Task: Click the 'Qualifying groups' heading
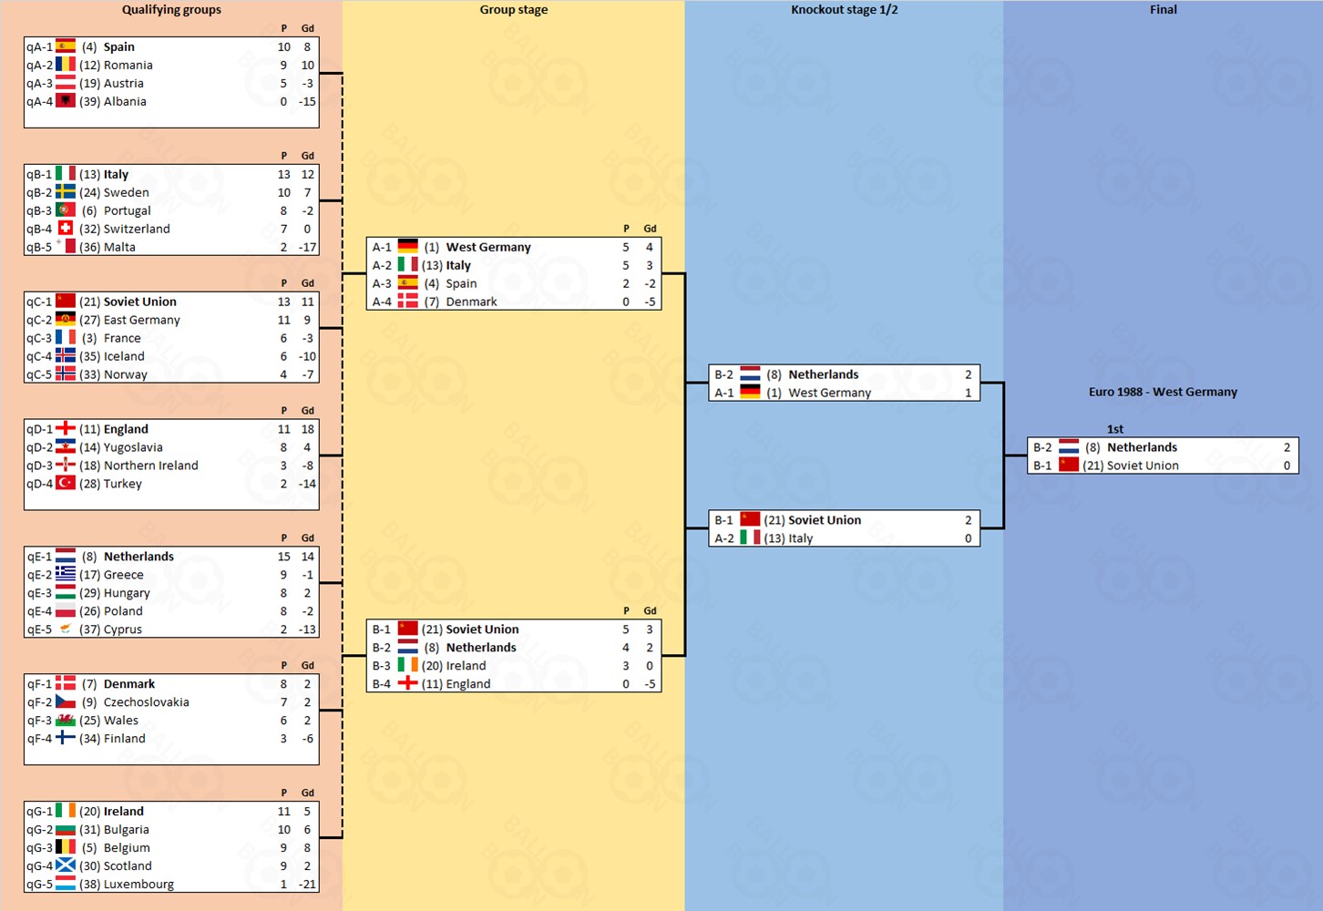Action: click(171, 10)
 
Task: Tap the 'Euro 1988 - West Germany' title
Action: click(1163, 392)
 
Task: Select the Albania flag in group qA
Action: click(66, 101)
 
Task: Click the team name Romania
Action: click(128, 65)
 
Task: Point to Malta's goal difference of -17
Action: click(307, 247)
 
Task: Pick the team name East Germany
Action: click(141, 320)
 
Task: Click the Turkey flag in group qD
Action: click(66, 483)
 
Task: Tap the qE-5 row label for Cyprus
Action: click(39, 630)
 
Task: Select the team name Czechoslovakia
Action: click(146, 702)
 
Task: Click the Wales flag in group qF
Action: click(66, 721)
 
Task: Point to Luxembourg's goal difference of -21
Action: click(307, 885)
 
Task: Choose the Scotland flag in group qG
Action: click(66, 865)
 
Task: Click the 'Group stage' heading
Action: click(514, 10)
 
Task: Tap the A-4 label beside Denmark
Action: click(382, 302)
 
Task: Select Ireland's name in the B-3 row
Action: click(466, 666)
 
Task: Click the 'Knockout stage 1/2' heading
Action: click(844, 10)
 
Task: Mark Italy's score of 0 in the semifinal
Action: click(968, 538)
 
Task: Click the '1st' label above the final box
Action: click(1115, 429)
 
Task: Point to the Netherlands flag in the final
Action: click(1069, 447)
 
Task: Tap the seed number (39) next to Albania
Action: click(89, 101)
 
